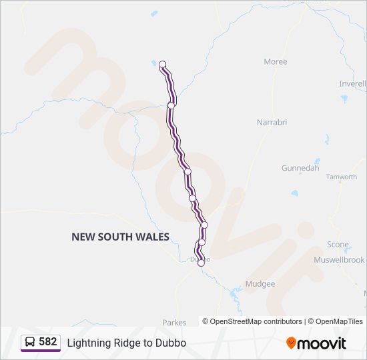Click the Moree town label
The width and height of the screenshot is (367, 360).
point(276,62)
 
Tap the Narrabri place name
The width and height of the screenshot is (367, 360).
point(272,123)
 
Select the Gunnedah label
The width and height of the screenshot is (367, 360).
point(300,169)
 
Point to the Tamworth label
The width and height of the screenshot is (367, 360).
point(341,177)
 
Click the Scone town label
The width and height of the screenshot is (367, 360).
point(338,245)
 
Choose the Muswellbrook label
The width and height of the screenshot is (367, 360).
point(339,259)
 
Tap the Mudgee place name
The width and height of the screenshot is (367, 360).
point(260,284)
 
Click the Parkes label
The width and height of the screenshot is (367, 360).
point(174,323)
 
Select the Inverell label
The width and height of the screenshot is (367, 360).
point(352,84)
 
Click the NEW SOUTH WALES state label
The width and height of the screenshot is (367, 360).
point(120,237)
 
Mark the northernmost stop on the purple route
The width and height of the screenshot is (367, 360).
point(162,65)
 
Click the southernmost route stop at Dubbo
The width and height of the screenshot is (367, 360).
point(201,263)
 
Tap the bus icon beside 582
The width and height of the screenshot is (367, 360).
point(30,343)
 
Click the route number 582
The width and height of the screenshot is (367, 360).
point(48,342)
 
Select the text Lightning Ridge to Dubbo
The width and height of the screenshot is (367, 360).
point(126,343)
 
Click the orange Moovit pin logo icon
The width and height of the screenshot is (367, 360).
point(291,343)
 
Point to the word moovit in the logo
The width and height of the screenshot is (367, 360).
point(322,343)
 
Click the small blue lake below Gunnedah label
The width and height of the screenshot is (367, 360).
point(294,193)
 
